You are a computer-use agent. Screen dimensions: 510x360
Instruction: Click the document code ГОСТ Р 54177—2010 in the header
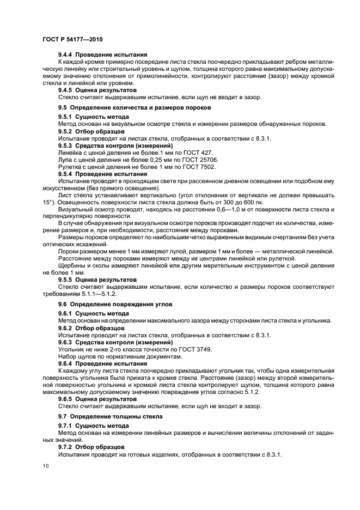click(x=72, y=39)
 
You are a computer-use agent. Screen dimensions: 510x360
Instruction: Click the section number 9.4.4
click(x=66, y=55)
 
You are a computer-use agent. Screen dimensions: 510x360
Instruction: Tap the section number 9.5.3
click(x=66, y=146)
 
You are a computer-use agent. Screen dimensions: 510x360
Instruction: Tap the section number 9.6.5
click(x=66, y=398)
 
